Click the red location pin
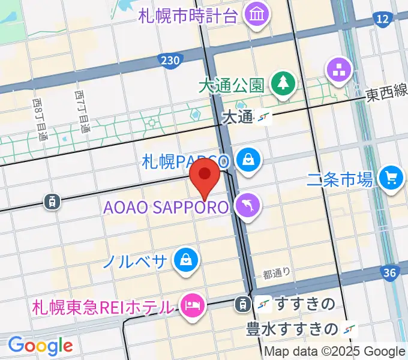[205, 175]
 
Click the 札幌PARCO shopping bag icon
[247, 160]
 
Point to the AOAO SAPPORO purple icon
[247, 206]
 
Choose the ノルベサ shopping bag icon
[186, 260]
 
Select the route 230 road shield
[170, 60]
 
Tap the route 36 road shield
[391, 274]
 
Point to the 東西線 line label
[388, 93]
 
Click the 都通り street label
[276, 273]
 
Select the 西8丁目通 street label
[39, 120]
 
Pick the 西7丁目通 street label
[82, 112]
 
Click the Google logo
[40, 345]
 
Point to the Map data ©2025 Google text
[335, 352]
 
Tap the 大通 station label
[238, 117]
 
